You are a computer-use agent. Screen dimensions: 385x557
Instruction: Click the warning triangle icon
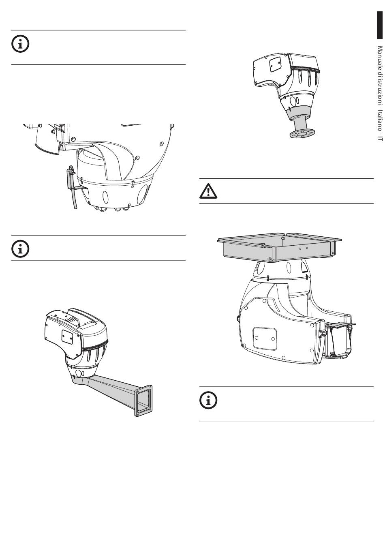pos(208,191)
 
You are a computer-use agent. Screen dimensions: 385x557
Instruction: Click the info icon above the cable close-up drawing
pos(20,44)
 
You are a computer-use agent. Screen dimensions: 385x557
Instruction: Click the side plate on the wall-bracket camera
pos(67,336)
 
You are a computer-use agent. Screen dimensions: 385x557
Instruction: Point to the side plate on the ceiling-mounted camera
pos(264,337)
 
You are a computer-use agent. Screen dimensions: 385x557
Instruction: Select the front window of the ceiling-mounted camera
pos(340,340)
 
